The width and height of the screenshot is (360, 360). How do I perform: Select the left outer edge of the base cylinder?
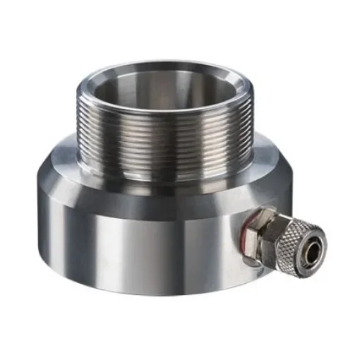[36, 219]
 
